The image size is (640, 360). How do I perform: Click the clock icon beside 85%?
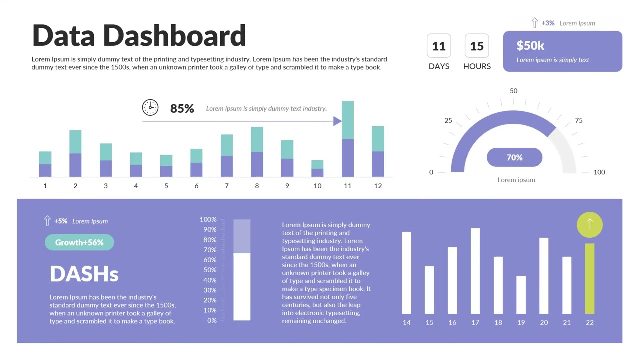[x=150, y=107]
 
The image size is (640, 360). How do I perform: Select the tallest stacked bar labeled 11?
[x=348, y=140]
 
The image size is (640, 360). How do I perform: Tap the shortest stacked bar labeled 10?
[x=317, y=169]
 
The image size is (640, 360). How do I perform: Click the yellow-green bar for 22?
[x=590, y=279]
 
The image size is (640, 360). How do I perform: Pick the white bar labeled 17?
[x=475, y=271]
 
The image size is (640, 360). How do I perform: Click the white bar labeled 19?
[x=521, y=295]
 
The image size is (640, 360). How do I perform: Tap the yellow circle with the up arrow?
[x=590, y=225]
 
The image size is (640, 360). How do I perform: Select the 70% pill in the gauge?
[x=514, y=157]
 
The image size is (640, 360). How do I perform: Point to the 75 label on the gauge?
[x=578, y=120]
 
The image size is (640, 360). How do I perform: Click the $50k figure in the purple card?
[x=530, y=46]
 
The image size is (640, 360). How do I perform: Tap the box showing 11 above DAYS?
[x=439, y=46]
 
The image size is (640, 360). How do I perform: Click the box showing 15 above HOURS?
[x=477, y=46]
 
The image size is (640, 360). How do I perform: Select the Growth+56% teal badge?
[x=79, y=242]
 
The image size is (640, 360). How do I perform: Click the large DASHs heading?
[x=84, y=274]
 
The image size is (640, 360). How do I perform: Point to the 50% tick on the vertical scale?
[x=208, y=270]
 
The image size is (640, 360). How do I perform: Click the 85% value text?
[x=182, y=108]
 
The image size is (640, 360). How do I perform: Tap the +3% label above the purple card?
[x=548, y=23]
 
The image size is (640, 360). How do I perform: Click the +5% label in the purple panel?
[x=61, y=221]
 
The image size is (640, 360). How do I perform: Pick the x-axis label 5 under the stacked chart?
[x=166, y=186]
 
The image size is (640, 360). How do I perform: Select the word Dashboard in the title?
[x=174, y=36]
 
